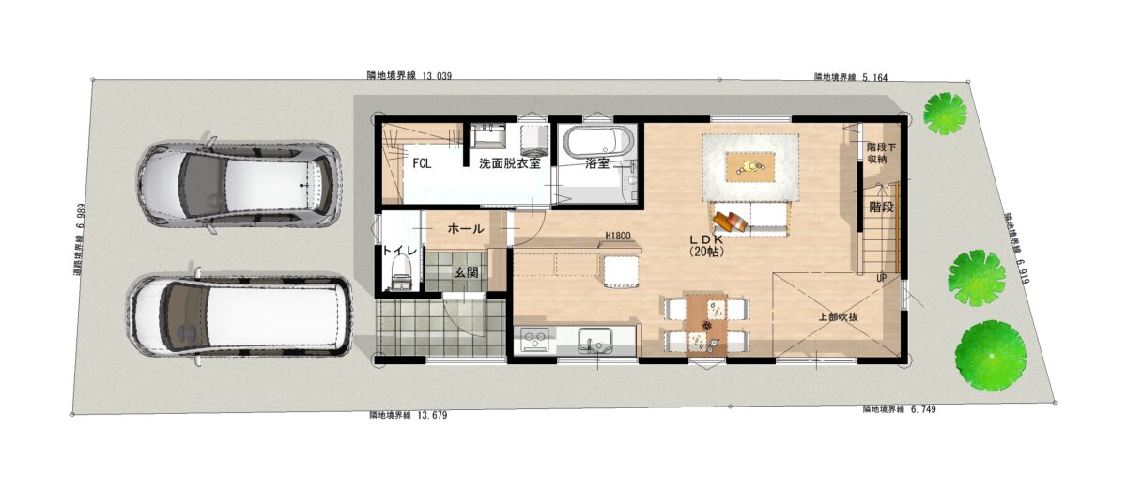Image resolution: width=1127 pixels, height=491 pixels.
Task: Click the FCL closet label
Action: point(422,163)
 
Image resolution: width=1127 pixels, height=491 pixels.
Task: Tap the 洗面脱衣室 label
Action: point(510,163)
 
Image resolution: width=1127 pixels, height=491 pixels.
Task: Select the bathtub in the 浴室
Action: point(597,141)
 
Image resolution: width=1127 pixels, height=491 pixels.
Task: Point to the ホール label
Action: point(466,229)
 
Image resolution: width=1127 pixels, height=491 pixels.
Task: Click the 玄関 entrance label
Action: point(467,272)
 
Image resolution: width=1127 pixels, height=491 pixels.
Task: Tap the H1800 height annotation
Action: point(618,236)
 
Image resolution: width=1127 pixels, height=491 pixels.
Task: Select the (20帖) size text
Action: point(706,252)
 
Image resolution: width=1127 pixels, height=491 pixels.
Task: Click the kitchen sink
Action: point(594,339)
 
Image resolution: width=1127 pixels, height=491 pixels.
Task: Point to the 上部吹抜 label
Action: point(838,317)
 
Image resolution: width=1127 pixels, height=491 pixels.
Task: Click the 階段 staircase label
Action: point(881,207)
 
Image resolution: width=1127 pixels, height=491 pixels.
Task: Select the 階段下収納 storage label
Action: point(881,153)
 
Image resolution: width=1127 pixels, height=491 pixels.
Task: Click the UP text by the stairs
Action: point(881,278)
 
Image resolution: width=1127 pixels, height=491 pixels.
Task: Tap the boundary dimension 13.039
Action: point(437,76)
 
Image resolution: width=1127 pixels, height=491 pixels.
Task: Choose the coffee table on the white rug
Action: point(749,166)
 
